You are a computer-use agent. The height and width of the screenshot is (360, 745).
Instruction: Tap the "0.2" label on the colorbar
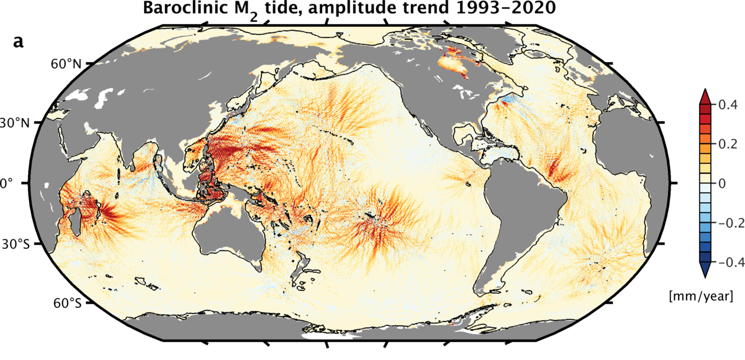(x=726, y=143)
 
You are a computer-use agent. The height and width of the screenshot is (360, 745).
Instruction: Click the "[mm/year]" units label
(x=708, y=297)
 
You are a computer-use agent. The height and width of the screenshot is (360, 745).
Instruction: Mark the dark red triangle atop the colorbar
(x=705, y=96)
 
